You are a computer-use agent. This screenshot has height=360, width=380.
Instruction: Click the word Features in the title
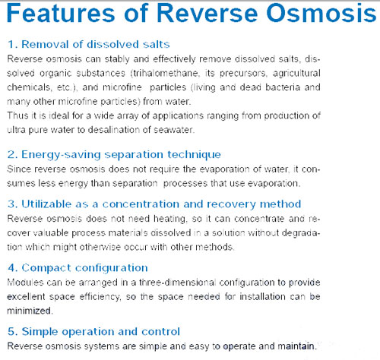pyautogui.click(x=61, y=13)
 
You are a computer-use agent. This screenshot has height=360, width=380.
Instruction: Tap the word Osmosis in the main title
pyautogui.click(x=321, y=13)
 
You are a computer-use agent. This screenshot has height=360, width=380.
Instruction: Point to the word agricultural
pyautogui.click(x=296, y=74)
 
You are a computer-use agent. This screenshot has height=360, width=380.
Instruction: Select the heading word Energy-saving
pyautogui.click(x=61, y=155)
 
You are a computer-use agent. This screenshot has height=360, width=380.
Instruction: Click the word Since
pyautogui.click(x=19, y=169)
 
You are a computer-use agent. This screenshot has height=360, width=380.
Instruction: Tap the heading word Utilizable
pyautogui.click(x=46, y=204)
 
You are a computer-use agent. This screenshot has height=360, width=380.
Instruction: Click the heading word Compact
pyautogui.click(x=46, y=268)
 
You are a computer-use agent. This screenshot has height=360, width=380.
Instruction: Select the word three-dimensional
pyautogui.click(x=177, y=283)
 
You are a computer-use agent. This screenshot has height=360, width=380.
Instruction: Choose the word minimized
pyautogui.click(x=30, y=311)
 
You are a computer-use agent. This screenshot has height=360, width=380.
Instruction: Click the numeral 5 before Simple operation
pyautogui.click(x=11, y=332)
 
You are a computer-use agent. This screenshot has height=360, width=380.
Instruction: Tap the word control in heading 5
pyautogui.click(x=160, y=332)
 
